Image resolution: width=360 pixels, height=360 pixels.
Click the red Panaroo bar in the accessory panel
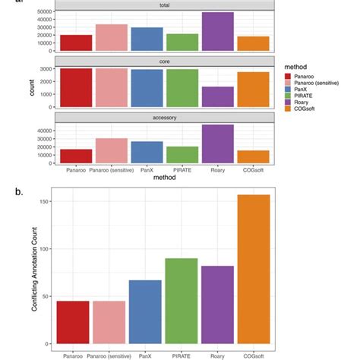(x=76, y=156)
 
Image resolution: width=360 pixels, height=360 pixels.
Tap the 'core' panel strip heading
(x=163, y=61)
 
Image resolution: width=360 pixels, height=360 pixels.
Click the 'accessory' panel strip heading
(x=163, y=118)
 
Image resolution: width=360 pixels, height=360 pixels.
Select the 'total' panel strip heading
(x=163, y=5)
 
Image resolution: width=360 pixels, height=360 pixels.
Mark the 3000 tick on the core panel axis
(x=46, y=70)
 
